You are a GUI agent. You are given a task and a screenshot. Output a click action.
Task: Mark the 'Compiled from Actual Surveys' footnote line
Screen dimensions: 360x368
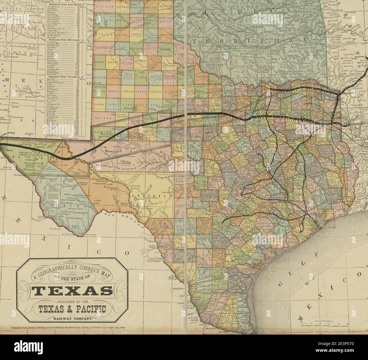coord(68,328)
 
